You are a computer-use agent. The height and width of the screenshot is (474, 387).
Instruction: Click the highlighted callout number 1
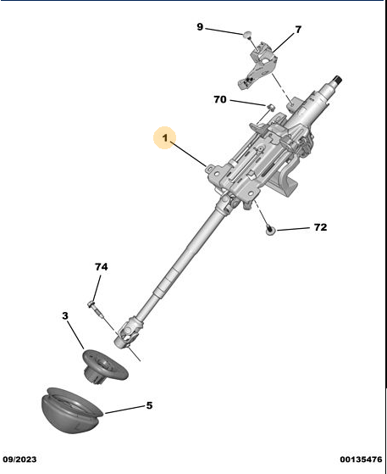point(165,138)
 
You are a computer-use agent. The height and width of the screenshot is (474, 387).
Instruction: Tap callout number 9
point(200,27)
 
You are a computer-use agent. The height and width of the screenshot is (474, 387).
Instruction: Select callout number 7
point(298,30)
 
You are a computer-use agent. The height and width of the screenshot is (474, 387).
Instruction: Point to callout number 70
point(220,99)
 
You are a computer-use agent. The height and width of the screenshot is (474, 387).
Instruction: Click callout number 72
point(320,227)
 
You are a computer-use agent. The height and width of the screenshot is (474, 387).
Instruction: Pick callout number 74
point(101,266)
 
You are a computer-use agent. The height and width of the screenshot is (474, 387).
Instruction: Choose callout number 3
point(65,316)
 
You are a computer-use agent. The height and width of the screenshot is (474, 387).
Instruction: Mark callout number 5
point(149,405)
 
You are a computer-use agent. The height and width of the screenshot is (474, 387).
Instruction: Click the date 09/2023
point(19,460)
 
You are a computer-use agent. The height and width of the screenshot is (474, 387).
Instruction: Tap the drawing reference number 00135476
point(361,460)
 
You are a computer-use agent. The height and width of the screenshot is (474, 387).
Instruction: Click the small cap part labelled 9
point(247,35)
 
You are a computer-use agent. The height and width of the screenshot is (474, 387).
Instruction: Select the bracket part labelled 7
point(257,65)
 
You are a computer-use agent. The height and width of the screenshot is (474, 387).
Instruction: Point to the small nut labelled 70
point(271,107)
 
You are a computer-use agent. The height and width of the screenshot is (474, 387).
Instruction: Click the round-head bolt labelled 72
point(270,231)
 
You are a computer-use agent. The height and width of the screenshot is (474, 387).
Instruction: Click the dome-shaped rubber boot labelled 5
point(71,410)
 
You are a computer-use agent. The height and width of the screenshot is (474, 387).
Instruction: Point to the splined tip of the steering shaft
point(338,80)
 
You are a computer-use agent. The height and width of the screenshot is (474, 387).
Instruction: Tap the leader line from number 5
point(124,410)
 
